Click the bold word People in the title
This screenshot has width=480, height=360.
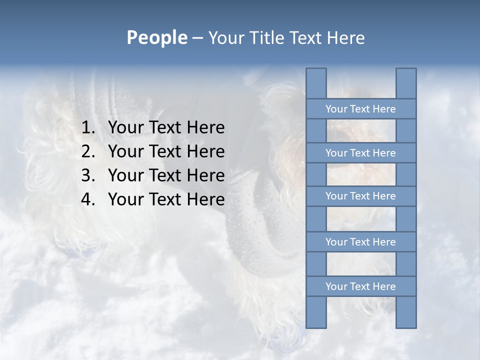(156, 37)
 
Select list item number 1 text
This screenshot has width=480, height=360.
(166, 127)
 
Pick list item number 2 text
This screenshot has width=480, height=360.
(166, 151)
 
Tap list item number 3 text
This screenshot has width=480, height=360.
(166, 175)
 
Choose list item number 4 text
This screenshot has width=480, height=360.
(166, 199)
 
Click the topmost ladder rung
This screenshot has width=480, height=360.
(360, 109)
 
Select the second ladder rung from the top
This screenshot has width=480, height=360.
(360, 153)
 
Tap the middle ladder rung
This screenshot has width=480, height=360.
(360, 196)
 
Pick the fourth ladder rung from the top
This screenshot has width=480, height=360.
(360, 242)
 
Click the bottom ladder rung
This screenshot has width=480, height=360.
(360, 286)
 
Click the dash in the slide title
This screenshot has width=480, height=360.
(197, 38)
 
